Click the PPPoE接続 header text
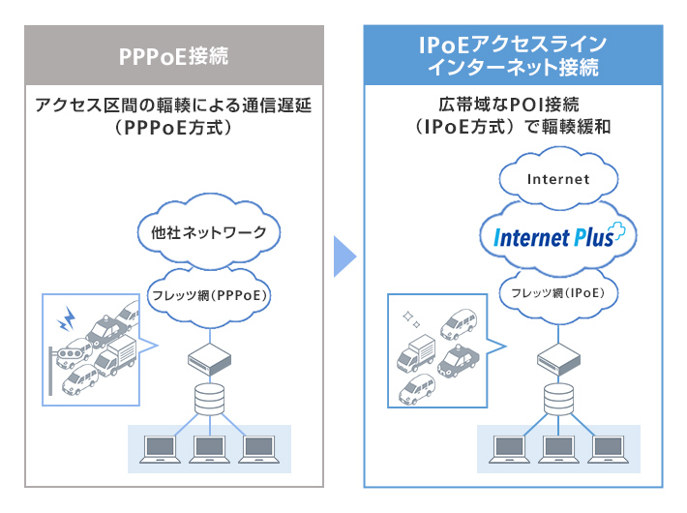(173, 54)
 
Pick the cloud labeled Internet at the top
(558, 179)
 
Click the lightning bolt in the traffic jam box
(69, 316)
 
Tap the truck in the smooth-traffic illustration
(415, 356)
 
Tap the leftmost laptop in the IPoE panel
(510, 446)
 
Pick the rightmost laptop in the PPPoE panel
(257, 447)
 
